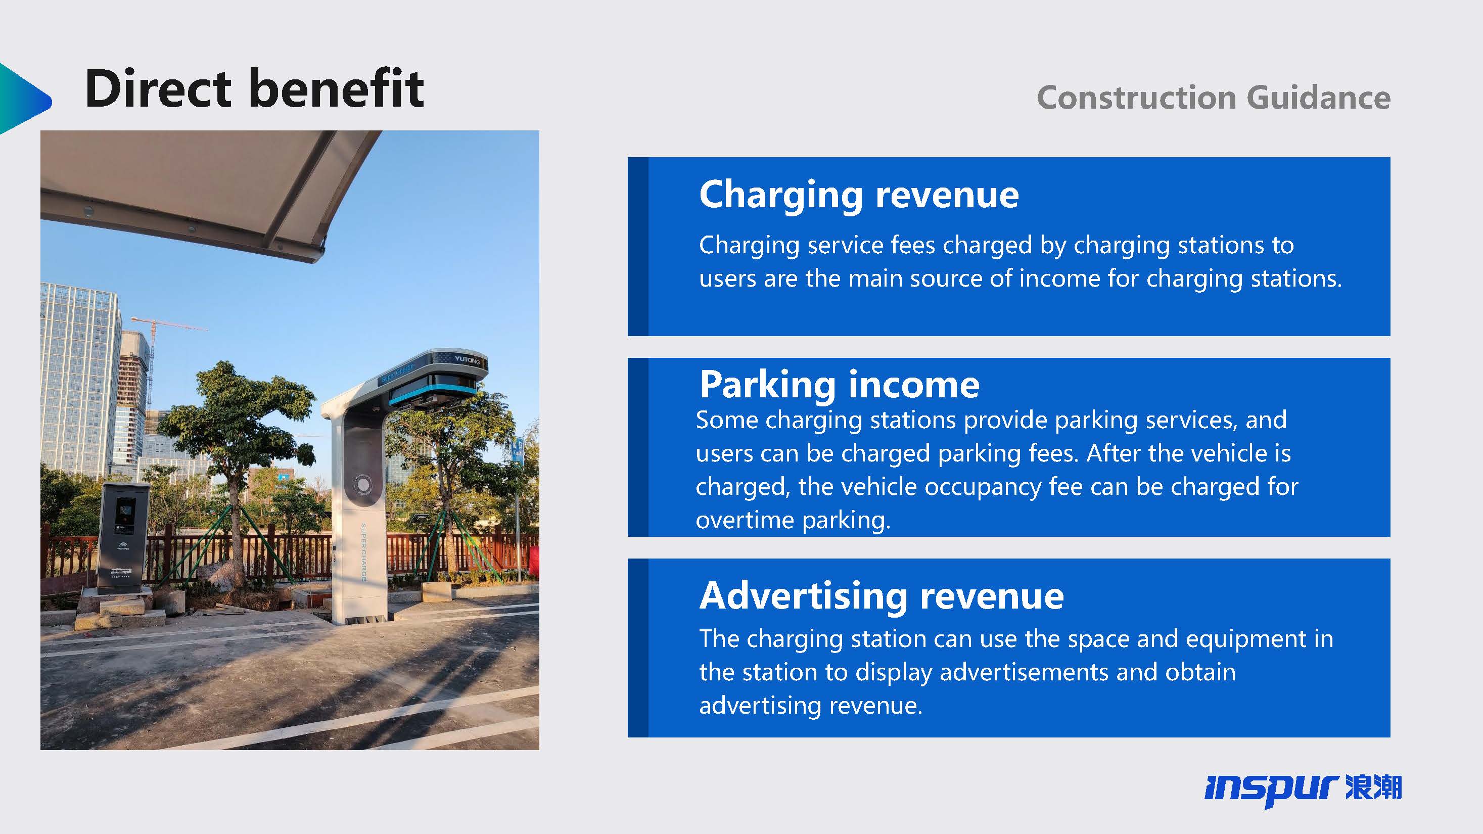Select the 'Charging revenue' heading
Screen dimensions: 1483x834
(859, 195)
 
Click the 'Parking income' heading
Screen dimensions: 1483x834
(840, 385)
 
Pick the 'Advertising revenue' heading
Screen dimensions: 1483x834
(882, 596)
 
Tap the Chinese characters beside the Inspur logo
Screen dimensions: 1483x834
(1374, 787)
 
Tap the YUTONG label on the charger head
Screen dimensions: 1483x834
(467, 360)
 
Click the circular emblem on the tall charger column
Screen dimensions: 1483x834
(363, 485)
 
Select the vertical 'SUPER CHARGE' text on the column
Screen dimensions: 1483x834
(363, 552)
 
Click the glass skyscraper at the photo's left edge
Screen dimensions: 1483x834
(80, 380)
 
